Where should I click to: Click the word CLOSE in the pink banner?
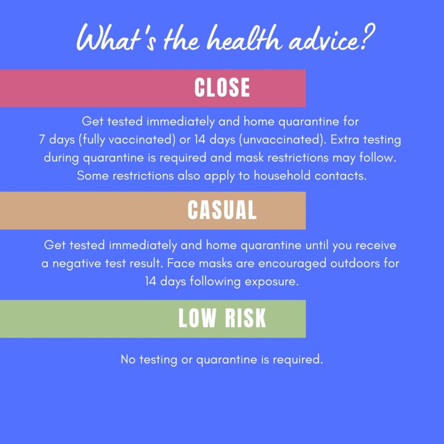click(222, 88)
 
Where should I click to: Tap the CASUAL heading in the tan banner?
click(222, 210)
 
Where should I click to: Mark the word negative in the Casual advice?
click(82, 263)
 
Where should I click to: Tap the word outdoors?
click(358, 263)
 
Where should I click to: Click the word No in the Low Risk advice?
click(127, 359)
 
